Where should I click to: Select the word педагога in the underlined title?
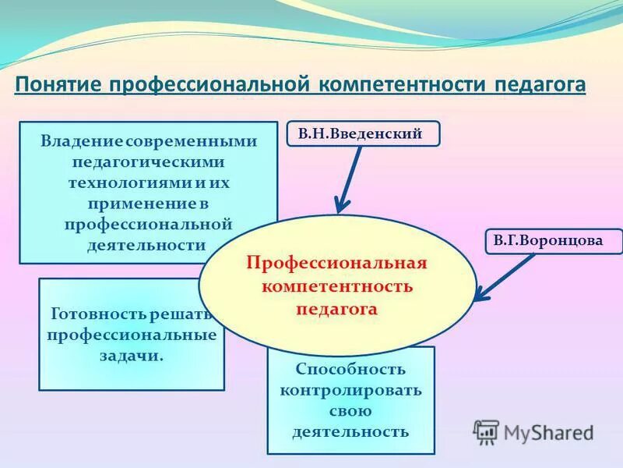(x=540, y=84)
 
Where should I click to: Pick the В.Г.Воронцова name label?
(x=548, y=241)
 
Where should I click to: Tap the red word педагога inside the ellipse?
(x=336, y=308)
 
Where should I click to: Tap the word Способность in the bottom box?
(x=350, y=369)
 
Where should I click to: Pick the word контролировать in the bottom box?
(x=350, y=390)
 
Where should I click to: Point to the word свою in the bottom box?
(x=350, y=410)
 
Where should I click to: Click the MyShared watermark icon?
(x=487, y=431)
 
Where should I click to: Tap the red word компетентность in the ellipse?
(x=336, y=285)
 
